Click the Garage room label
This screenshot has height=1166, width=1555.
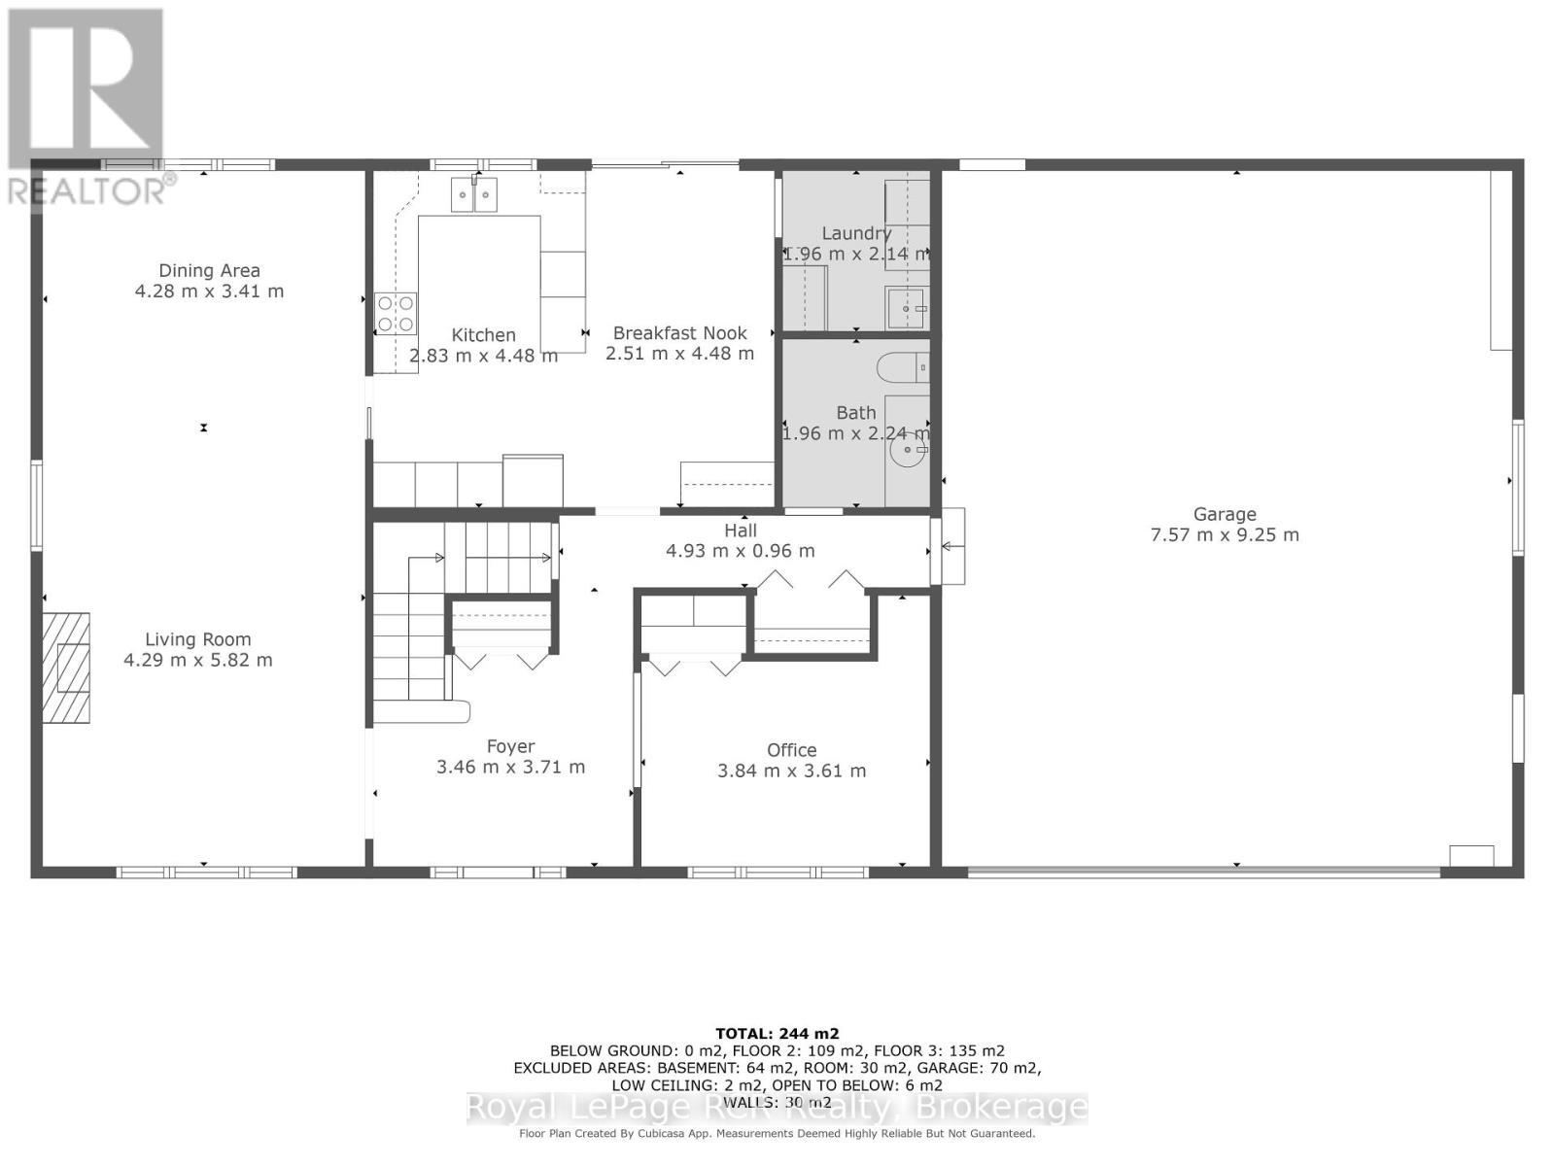(1225, 514)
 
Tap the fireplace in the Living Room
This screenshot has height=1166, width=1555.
(66, 668)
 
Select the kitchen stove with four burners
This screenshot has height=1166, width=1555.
(397, 313)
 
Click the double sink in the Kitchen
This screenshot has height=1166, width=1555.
(473, 194)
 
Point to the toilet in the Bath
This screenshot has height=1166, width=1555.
(903, 368)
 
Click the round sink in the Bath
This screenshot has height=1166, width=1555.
(911, 450)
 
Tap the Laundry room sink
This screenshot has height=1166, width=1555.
(907, 308)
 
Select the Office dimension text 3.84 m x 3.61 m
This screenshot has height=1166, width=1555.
(791, 771)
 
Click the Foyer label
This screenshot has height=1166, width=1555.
(510, 746)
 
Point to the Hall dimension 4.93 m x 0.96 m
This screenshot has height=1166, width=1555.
(740, 551)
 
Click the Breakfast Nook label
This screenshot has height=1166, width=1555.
(679, 332)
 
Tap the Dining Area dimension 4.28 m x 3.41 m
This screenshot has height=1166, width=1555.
(209, 291)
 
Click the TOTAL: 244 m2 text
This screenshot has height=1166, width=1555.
(777, 1034)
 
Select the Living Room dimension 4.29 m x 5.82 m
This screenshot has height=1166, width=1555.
(197, 660)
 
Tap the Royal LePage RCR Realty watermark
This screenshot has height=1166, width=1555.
(777, 1108)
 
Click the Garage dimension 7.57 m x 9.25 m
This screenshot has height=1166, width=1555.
(1225, 534)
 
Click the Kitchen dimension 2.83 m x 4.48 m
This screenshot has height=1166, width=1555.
(483, 356)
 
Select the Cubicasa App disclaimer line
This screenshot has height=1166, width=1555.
(777, 1133)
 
